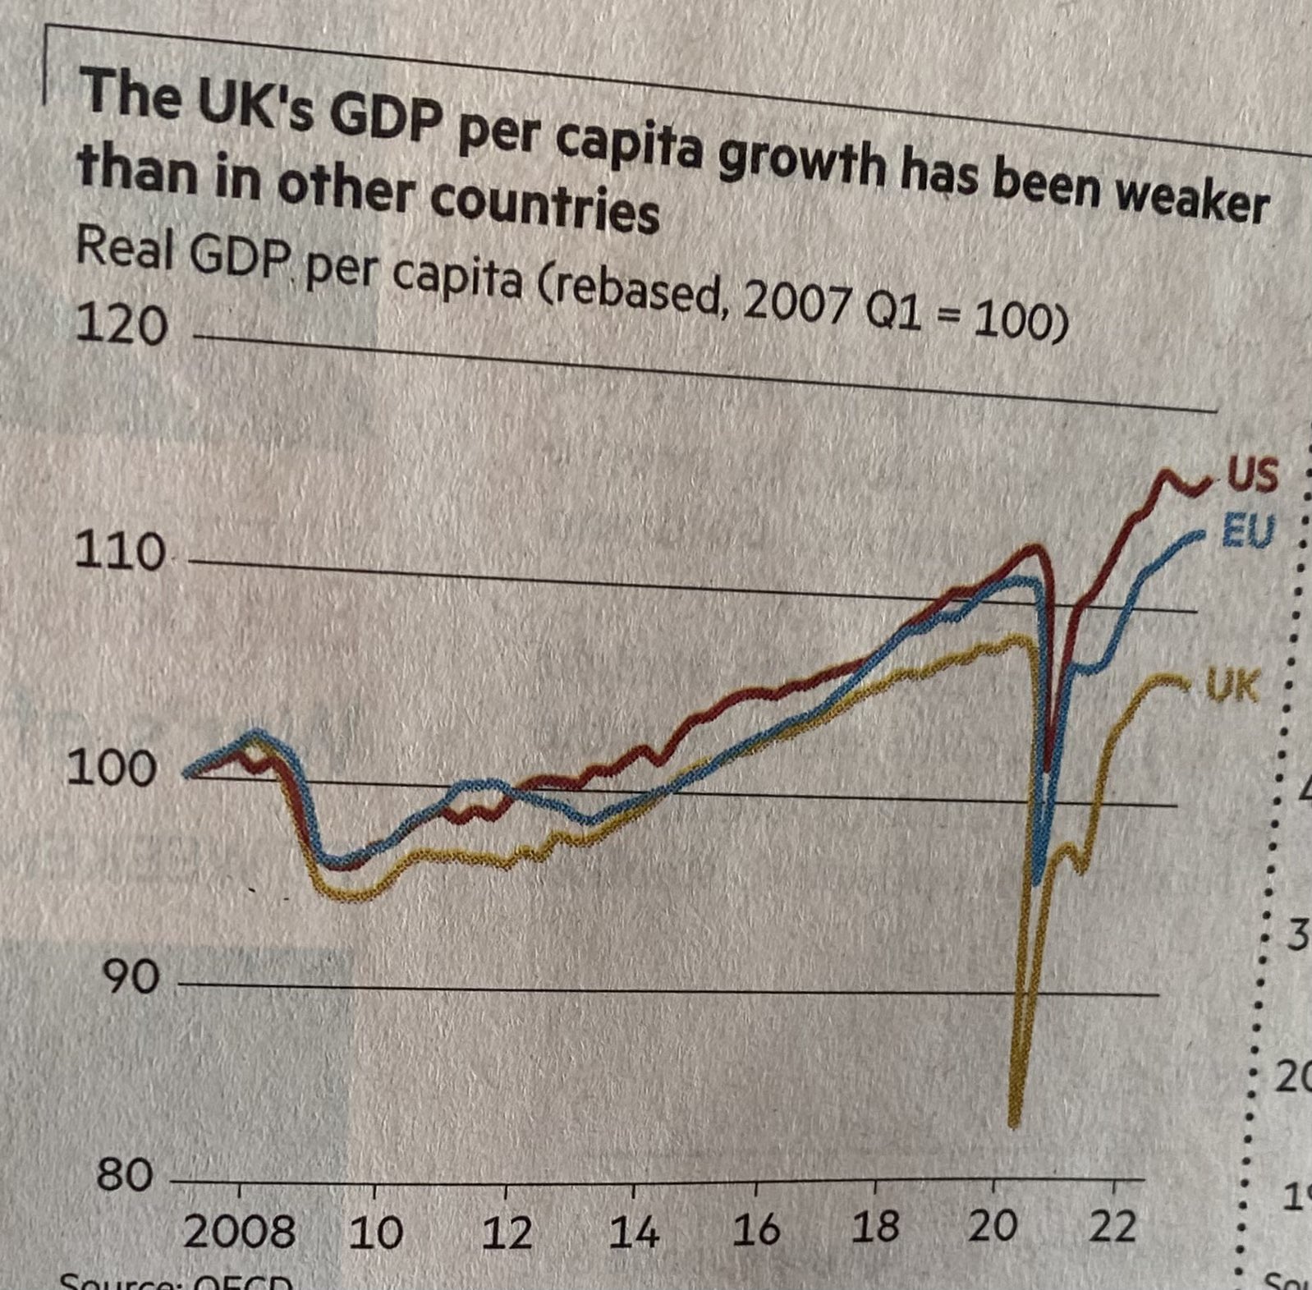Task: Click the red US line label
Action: (x=1251, y=475)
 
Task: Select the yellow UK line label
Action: (x=1232, y=686)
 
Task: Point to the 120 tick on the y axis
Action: (x=122, y=325)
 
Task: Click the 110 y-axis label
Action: (x=119, y=552)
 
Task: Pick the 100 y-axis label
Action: (x=111, y=769)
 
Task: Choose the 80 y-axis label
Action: (x=125, y=1175)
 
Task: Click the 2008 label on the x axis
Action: (x=238, y=1233)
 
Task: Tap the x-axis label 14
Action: (x=633, y=1233)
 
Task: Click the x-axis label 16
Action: (x=755, y=1230)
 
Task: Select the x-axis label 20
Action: (x=993, y=1227)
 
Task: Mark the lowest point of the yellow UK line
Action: (x=1013, y=1123)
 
